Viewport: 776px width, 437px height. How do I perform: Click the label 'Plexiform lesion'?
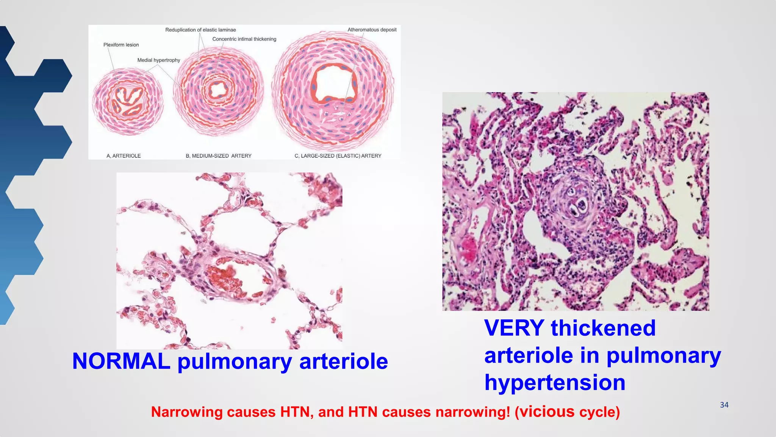121,45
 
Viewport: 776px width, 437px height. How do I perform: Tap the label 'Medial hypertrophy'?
158,60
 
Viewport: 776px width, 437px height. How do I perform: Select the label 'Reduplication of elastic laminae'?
200,30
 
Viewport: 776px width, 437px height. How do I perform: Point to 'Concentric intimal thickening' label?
244,39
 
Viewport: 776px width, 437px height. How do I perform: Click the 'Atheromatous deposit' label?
372,30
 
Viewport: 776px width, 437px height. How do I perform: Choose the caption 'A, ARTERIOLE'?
124,156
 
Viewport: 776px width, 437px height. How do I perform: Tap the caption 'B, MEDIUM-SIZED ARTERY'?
218,156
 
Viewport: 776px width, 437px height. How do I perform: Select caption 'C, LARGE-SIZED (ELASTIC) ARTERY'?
338,156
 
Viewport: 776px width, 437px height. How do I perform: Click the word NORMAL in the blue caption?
121,361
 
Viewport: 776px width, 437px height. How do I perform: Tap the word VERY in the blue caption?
514,328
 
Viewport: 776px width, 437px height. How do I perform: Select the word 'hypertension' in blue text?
555,382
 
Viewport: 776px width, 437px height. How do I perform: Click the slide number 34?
724,405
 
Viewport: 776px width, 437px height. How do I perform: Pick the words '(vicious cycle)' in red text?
567,412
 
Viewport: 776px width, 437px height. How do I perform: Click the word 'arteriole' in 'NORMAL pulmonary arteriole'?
343,361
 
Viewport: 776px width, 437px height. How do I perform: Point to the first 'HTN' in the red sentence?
297,412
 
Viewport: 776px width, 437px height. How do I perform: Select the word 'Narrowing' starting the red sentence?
186,412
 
